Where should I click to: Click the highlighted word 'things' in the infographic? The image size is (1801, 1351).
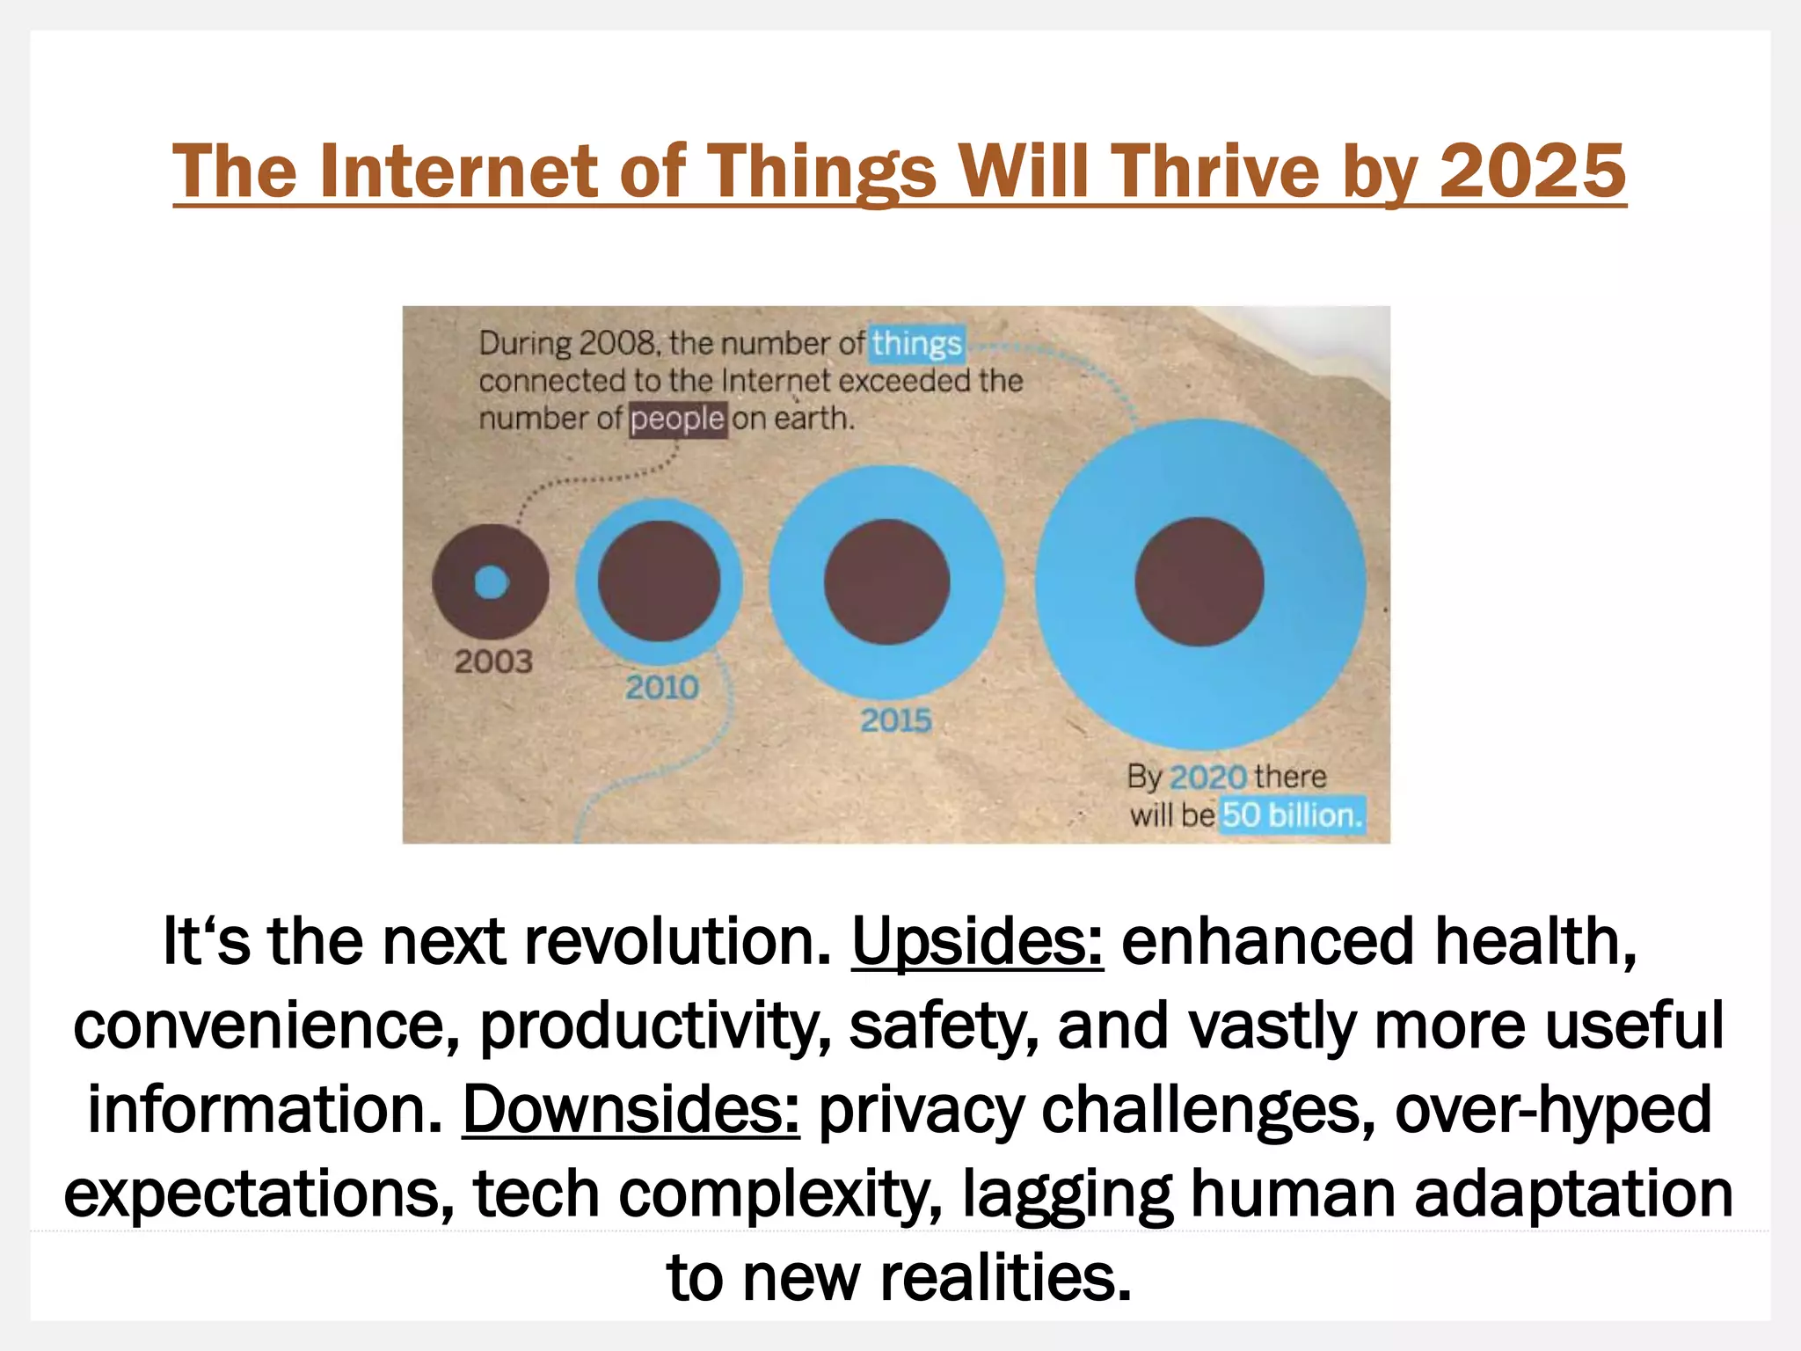click(x=916, y=344)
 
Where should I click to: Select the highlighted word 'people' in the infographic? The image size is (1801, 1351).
click(x=677, y=419)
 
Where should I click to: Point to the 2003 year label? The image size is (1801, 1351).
click(x=493, y=661)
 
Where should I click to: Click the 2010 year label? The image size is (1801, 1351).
click(x=662, y=687)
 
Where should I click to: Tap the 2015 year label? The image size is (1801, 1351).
click(x=895, y=721)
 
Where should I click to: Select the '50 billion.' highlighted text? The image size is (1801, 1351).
click(x=1291, y=815)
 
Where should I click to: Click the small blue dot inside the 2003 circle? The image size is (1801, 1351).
click(x=491, y=582)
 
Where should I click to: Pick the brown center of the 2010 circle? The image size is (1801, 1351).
click(x=659, y=581)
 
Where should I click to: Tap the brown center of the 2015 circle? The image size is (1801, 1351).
click(x=886, y=581)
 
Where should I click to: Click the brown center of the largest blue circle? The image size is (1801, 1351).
click(x=1199, y=581)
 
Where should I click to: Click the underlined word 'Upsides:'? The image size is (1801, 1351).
click(x=976, y=941)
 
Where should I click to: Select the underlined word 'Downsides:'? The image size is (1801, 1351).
click(x=631, y=1109)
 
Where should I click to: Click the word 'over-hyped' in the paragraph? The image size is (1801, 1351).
click(x=1553, y=1109)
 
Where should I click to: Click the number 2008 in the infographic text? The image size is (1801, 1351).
click(x=617, y=343)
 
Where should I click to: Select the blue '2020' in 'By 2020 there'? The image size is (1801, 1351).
click(x=1208, y=778)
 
